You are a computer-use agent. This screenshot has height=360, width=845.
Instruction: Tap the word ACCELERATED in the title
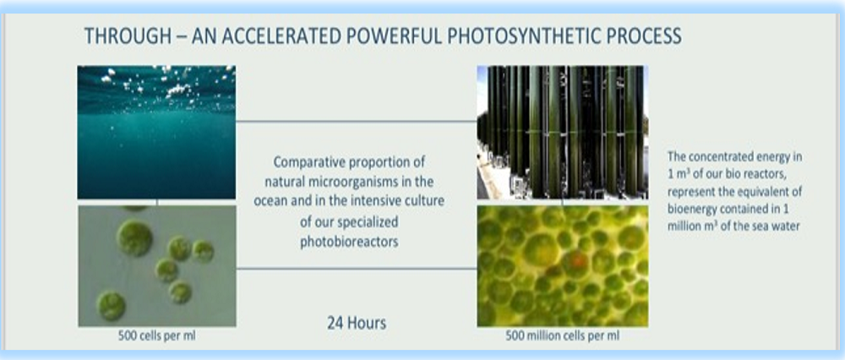(x=281, y=36)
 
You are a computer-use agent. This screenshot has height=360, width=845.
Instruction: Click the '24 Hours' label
(x=357, y=323)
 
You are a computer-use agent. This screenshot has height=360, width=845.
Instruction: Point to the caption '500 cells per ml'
(x=157, y=335)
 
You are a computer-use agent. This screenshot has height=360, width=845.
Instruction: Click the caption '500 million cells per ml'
(x=562, y=335)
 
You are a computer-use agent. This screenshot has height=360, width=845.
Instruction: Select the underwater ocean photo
(x=156, y=133)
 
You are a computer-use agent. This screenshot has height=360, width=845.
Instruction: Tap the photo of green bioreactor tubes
(x=562, y=132)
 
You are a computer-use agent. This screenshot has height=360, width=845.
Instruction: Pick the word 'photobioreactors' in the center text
(x=349, y=242)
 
